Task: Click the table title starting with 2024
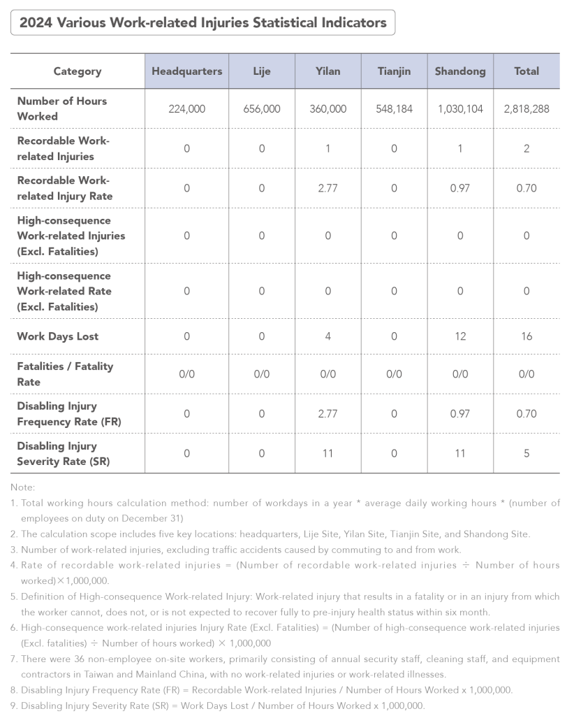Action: pos(202,23)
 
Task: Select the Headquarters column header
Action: pos(186,71)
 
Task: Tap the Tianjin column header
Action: pos(394,71)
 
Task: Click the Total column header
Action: pos(526,71)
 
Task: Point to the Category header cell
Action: pos(78,71)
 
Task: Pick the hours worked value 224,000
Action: pos(186,109)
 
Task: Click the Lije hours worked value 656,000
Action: pos(262,109)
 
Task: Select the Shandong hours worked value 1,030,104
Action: pos(460,109)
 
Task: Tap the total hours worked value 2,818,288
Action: pos(526,109)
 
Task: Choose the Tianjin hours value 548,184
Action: pos(394,109)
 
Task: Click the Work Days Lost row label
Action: pos(58,336)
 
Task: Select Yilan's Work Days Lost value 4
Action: pos(327,336)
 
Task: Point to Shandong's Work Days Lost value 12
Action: pos(460,336)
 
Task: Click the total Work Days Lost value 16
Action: pos(526,336)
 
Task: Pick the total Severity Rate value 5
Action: pos(526,453)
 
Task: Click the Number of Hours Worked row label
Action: pos(61,109)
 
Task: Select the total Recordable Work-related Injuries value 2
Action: pos(526,148)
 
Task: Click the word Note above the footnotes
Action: pos(23,487)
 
